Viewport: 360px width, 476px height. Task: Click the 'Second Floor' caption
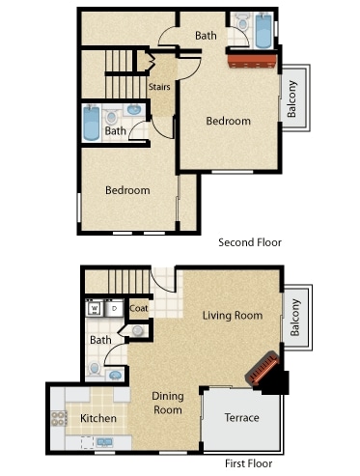(x=250, y=242)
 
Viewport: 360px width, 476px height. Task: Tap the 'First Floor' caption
(x=249, y=463)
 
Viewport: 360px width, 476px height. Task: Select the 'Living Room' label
(x=233, y=316)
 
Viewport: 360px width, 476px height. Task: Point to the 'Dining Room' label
(x=168, y=403)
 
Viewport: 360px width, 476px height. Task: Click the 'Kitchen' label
(x=98, y=418)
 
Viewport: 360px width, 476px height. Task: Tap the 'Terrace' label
(x=242, y=418)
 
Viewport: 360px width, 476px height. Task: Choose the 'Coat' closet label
(x=139, y=308)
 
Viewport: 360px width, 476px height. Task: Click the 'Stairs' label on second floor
(x=159, y=87)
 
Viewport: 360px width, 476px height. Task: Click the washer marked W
(x=95, y=309)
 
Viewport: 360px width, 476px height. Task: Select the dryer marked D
(x=114, y=309)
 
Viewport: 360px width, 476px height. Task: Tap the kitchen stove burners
(x=59, y=418)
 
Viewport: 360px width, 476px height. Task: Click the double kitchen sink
(x=105, y=442)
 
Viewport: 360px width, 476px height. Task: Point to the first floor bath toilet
(x=95, y=369)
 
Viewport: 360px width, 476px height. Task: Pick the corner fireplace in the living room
(x=263, y=369)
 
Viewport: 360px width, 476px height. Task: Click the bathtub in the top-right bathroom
(x=263, y=31)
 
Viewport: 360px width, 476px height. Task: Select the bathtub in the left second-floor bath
(x=91, y=123)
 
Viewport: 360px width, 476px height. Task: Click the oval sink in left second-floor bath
(x=134, y=110)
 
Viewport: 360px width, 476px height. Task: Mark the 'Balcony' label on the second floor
(x=291, y=98)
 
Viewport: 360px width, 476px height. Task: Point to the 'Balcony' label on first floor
(x=295, y=318)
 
